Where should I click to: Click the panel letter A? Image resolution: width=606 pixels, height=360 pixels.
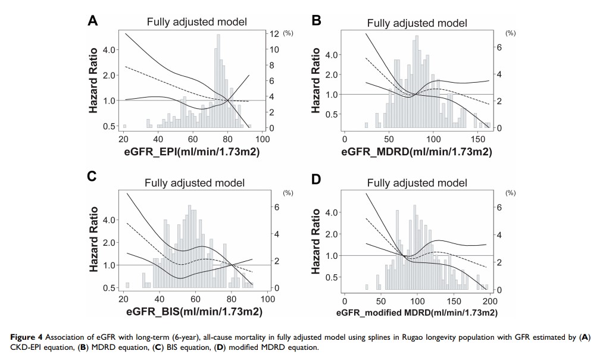[x=92, y=21]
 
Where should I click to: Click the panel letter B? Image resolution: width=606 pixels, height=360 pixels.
[x=317, y=21]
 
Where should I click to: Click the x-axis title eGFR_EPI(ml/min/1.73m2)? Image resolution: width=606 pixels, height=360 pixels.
[x=188, y=153]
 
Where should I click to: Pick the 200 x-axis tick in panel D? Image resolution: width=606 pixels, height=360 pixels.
[x=490, y=299]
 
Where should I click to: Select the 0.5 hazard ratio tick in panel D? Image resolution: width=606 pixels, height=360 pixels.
[x=333, y=277]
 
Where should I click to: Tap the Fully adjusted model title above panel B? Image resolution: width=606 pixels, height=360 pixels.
[x=417, y=23]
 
